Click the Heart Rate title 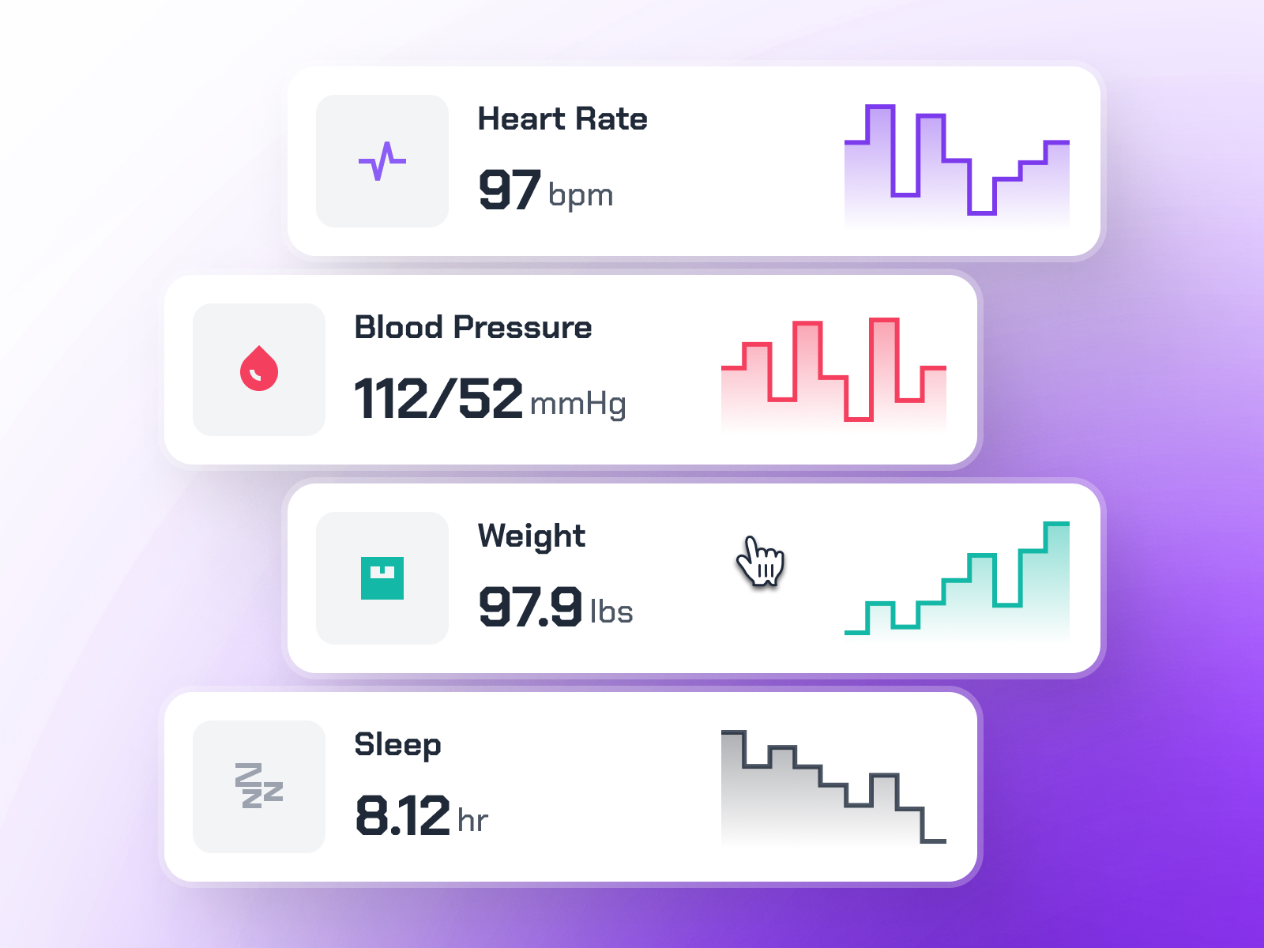coord(562,119)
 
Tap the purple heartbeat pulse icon coord(382,161)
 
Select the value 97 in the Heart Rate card coord(510,190)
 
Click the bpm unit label coord(581,195)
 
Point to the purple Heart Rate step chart coord(957,162)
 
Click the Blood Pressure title coord(473,328)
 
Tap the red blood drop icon coord(259,369)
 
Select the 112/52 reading coord(438,399)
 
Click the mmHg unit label coord(578,404)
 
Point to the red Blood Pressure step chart coord(833,371)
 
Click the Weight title coord(532,536)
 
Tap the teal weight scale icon coord(382,578)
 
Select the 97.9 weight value coord(530,608)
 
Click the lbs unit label coord(612,612)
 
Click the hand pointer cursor coord(760,561)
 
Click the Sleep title coord(397,745)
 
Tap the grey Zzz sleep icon coord(259,786)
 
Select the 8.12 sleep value coord(402,816)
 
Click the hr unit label coord(473,821)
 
